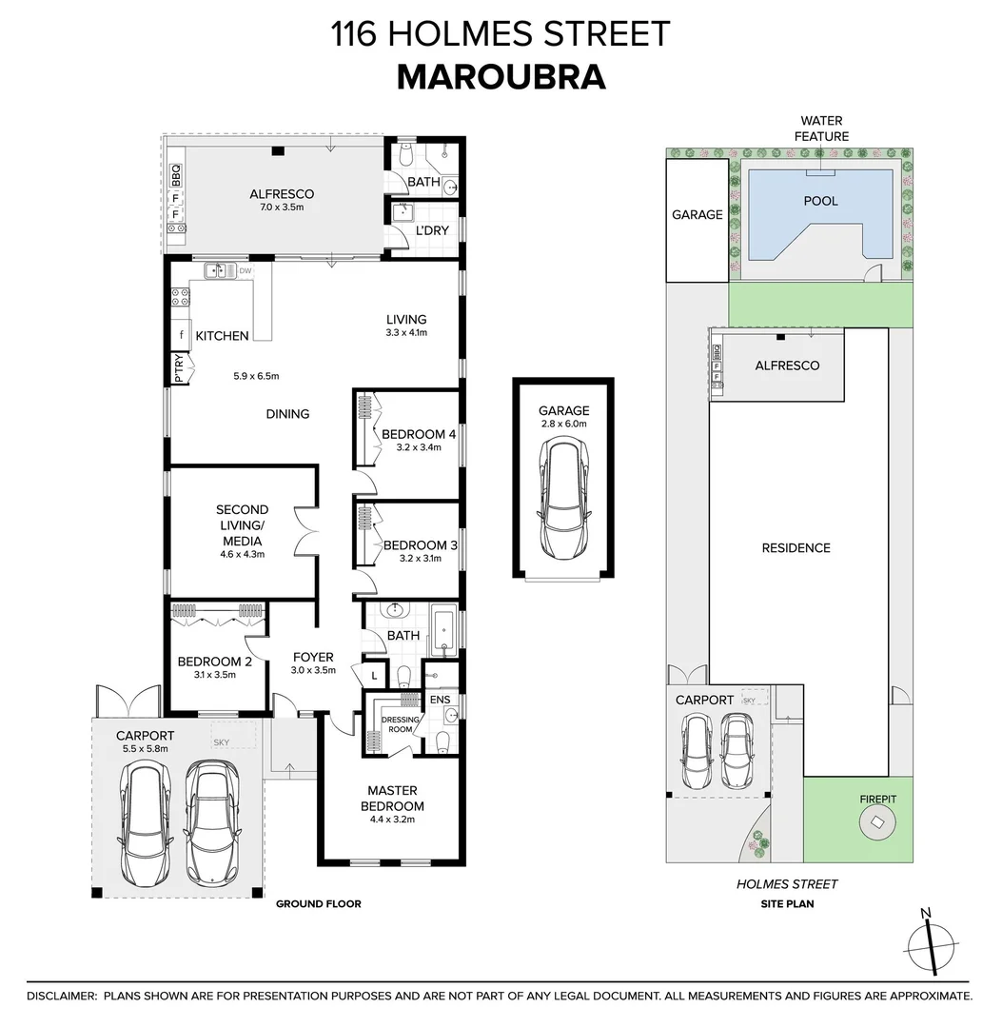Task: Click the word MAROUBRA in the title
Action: [501, 77]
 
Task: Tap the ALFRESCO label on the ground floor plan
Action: [275, 194]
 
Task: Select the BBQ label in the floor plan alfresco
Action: [175, 175]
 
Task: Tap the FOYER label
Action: [313, 657]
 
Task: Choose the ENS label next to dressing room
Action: [440, 700]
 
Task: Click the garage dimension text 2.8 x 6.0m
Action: [563, 424]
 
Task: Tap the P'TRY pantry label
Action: [178, 368]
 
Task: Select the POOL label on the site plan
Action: [820, 201]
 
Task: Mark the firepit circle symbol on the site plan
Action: [876, 824]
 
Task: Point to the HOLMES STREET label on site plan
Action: [787, 884]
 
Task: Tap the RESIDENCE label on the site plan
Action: [796, 547]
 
